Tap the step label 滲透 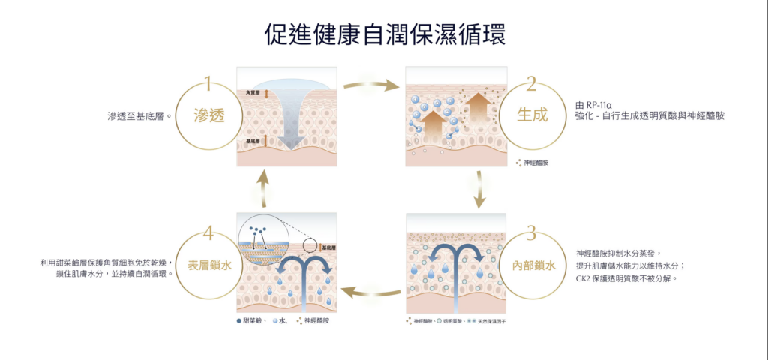click(x=209, y=116)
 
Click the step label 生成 click(x=532, y=115)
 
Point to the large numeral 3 click(x=531, y=232)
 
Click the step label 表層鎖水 click(x=208, y=265)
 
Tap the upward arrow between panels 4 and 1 click(x=262, y=189)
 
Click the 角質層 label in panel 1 click(x=253, y=93)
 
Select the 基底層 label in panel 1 click(x=253, y=141)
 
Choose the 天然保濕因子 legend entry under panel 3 click(x=488, y=320)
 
